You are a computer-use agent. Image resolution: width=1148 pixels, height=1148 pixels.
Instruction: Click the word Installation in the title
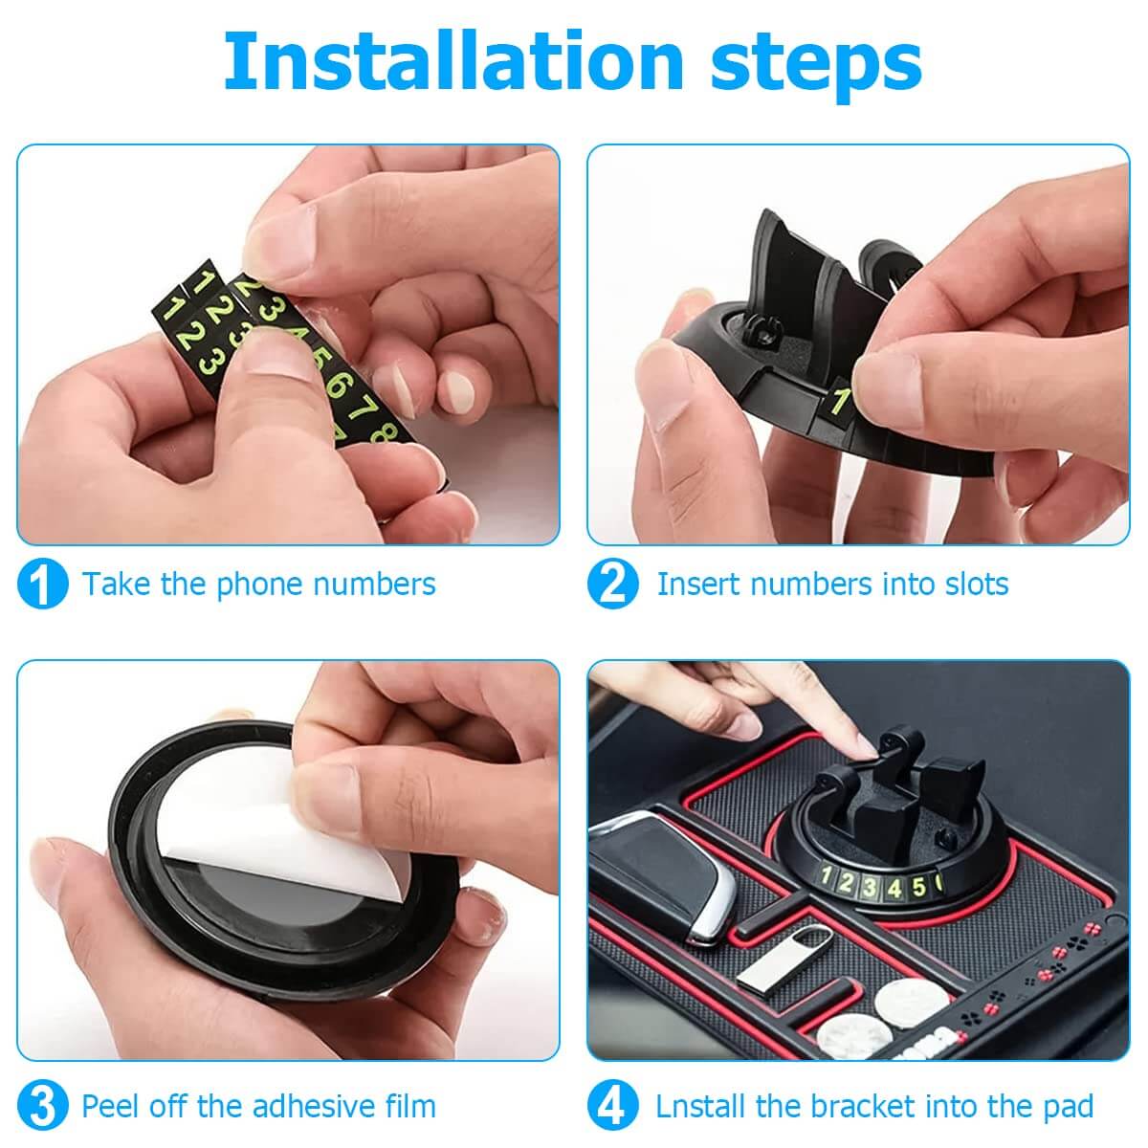click(x=453, y=61)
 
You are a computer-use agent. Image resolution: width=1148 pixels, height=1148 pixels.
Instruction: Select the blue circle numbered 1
click(x=42, y=584)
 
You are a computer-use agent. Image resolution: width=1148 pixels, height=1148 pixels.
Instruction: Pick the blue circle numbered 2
click(x=612, y=584)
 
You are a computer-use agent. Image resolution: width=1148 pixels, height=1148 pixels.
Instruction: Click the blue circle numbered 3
click(x=42, y=1106)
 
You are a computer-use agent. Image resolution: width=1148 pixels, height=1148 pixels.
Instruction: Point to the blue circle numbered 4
click(x=612, y=1106)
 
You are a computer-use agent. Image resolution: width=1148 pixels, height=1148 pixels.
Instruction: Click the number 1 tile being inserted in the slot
click(x=839, y=403)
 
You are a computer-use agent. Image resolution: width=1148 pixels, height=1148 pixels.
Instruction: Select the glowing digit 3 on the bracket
click(x=870, y=888)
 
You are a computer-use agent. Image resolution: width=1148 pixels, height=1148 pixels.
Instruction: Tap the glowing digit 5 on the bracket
click(x=918, y=887)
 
